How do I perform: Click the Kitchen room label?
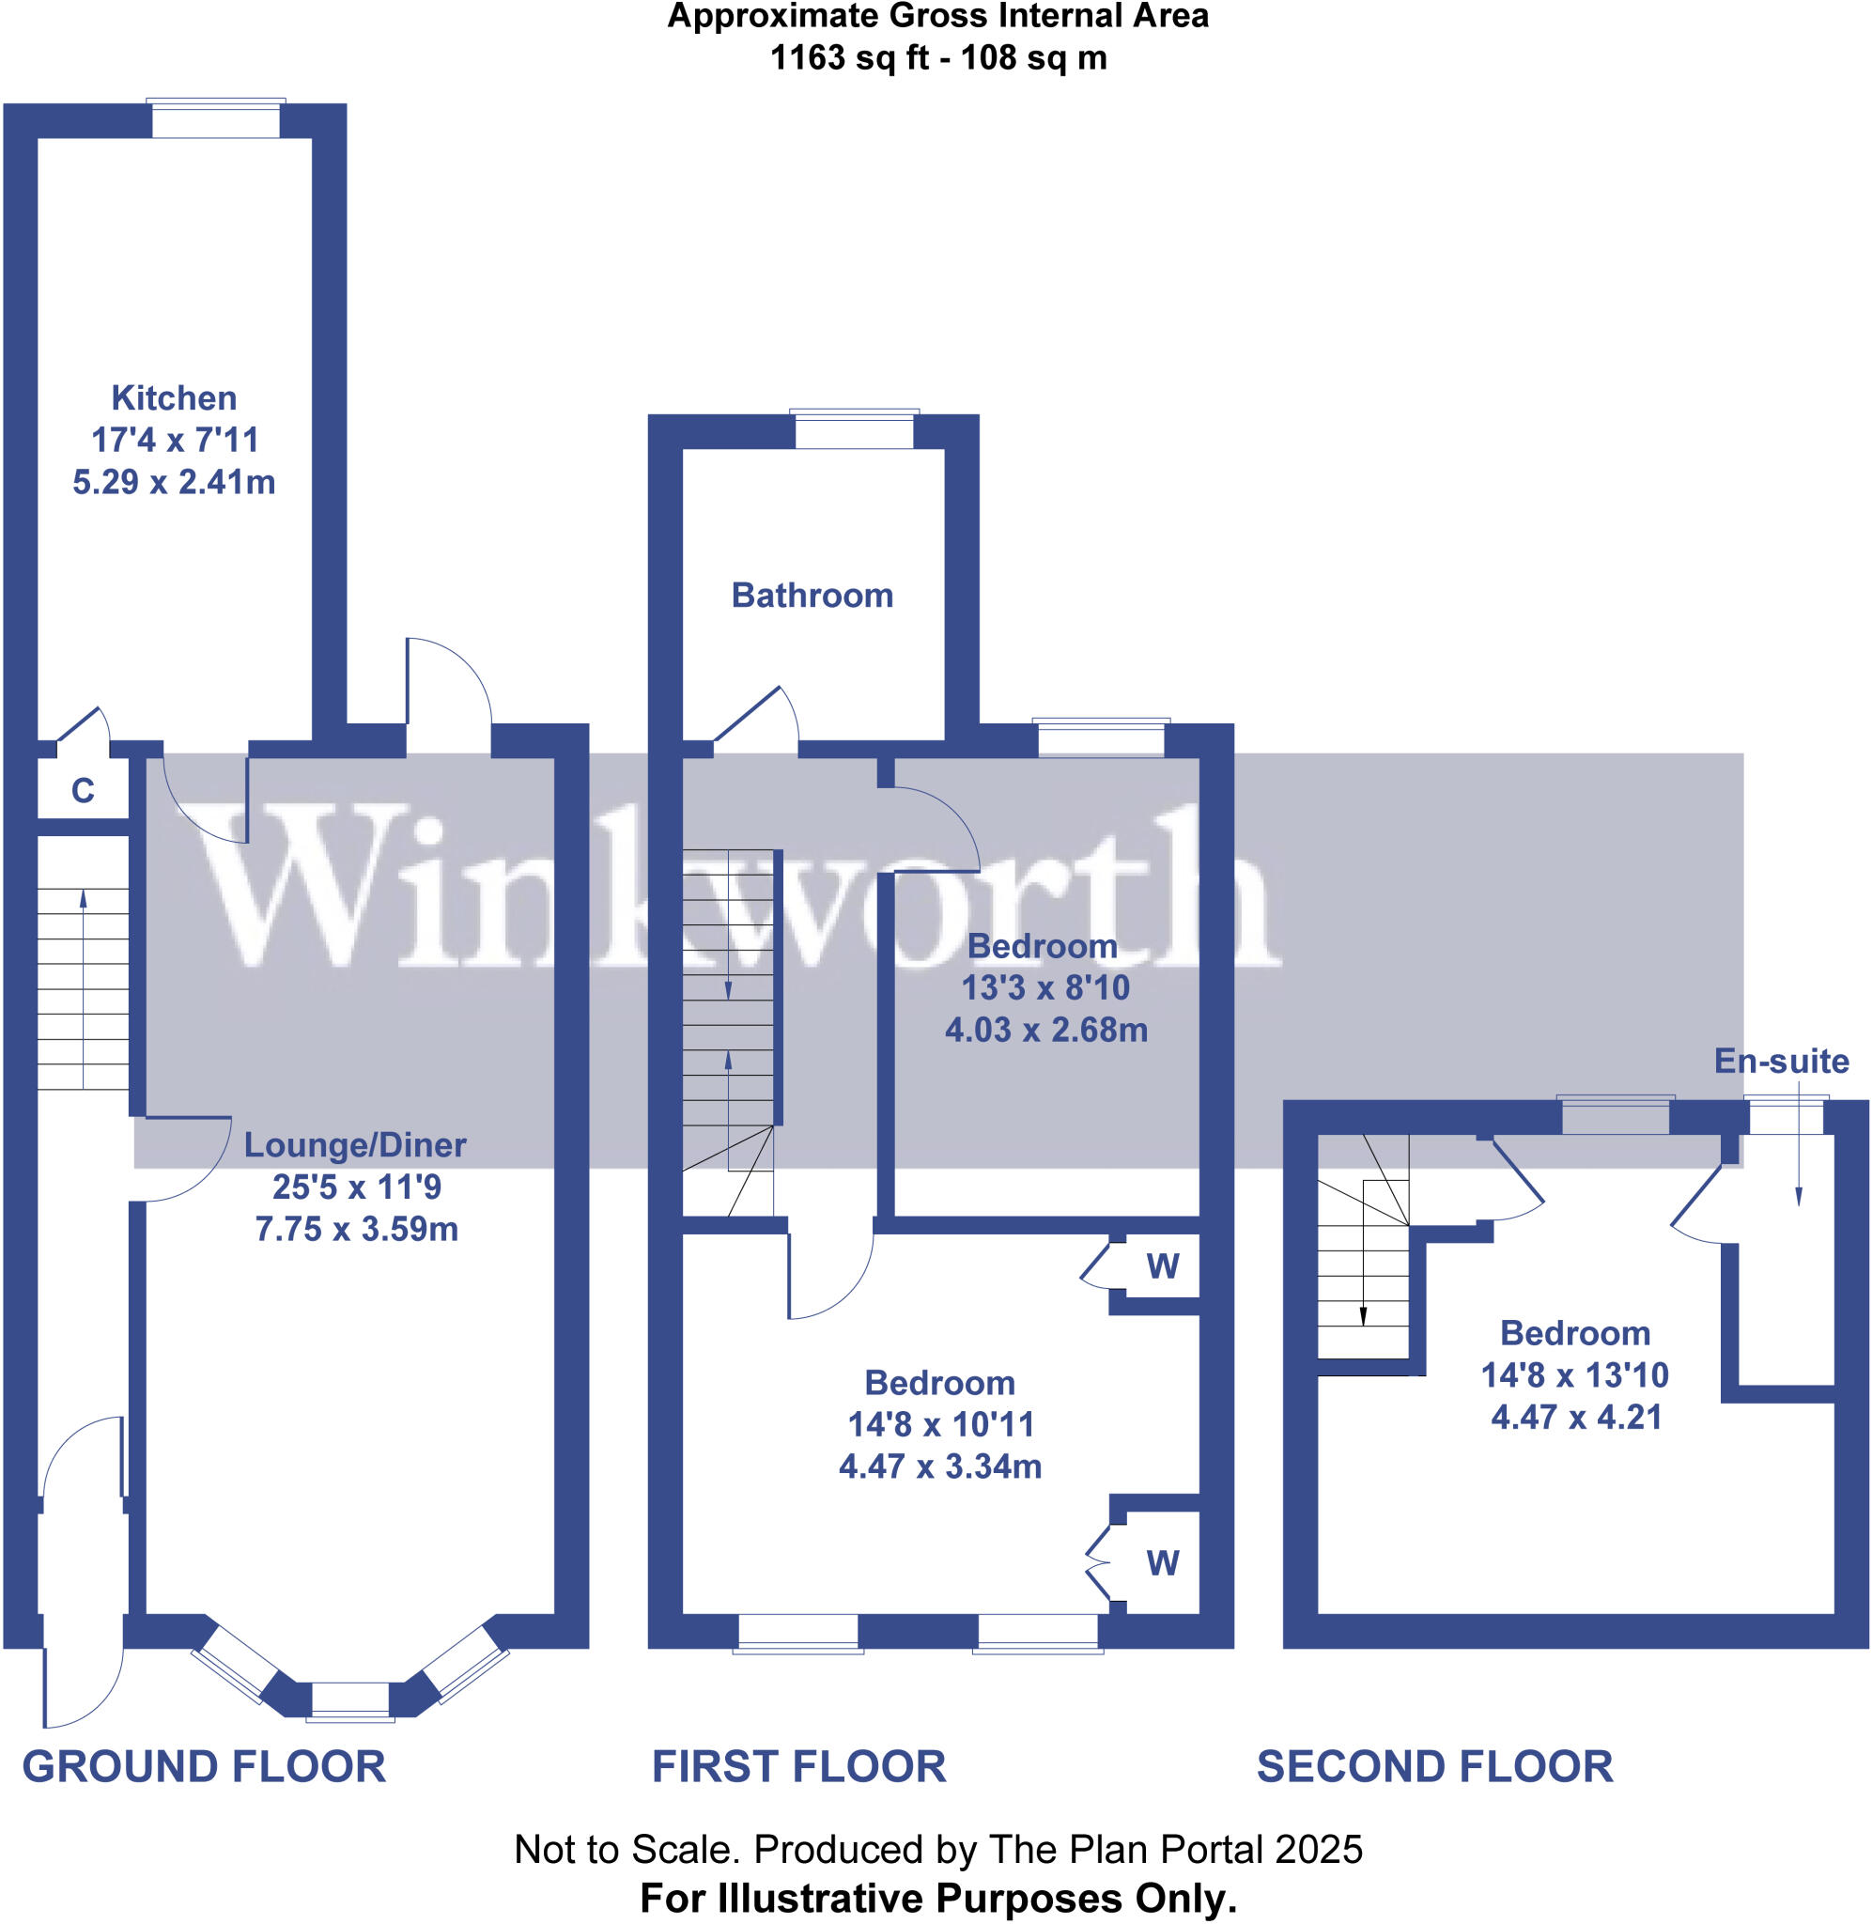174,398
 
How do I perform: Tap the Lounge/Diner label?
355,1145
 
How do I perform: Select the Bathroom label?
812,595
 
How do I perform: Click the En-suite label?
1781,1061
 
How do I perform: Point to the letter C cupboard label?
83,790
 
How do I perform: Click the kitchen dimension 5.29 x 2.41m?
174,483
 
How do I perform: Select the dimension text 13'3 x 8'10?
1045,988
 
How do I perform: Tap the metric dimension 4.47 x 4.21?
1576,1418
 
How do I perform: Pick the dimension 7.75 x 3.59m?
357,1230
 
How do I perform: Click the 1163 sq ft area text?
849,58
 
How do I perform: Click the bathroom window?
854,429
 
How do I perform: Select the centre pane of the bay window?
350,1700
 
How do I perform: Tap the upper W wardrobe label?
1162,1267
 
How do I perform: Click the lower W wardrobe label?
1162,1564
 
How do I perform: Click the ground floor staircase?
84,988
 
